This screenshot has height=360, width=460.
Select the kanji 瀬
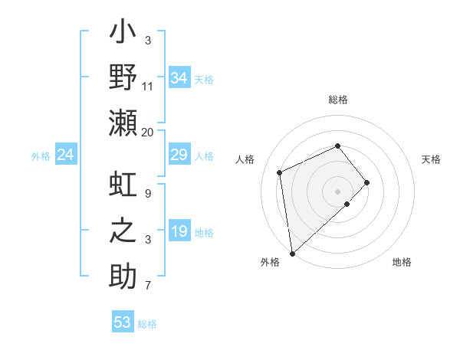[123, 123]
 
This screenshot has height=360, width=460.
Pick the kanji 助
[123, 276]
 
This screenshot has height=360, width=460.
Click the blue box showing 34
[179, 77]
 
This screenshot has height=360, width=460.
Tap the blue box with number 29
[179, 155]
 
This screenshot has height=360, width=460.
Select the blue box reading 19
[179, 231]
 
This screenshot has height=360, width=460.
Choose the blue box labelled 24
[66, 155]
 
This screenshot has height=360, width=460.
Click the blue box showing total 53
[123, 322]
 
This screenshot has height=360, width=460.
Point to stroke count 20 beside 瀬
[148, 132]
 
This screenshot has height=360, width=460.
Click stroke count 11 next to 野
[148, 86]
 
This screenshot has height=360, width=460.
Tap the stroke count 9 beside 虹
[148, 193]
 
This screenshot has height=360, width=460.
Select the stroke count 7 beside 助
[148, 286]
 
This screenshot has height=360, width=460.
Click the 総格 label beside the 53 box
[147, 324]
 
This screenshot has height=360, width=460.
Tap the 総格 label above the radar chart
[337, 100]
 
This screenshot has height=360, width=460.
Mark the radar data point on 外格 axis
[292, 254]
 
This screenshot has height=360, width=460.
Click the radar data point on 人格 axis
[280, 172]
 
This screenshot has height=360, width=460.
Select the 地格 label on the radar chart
[402, 263]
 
